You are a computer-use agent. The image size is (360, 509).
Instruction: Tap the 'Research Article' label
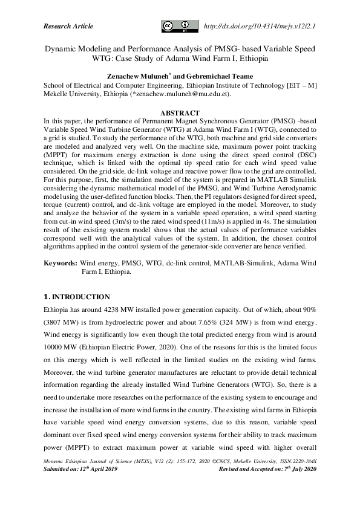(x=68, y=26)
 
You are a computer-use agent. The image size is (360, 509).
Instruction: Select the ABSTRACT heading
(x=180, y=113)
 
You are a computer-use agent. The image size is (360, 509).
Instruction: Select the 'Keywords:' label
(x=60, y=264)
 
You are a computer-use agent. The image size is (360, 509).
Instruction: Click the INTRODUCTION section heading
(x=80, y=297)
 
